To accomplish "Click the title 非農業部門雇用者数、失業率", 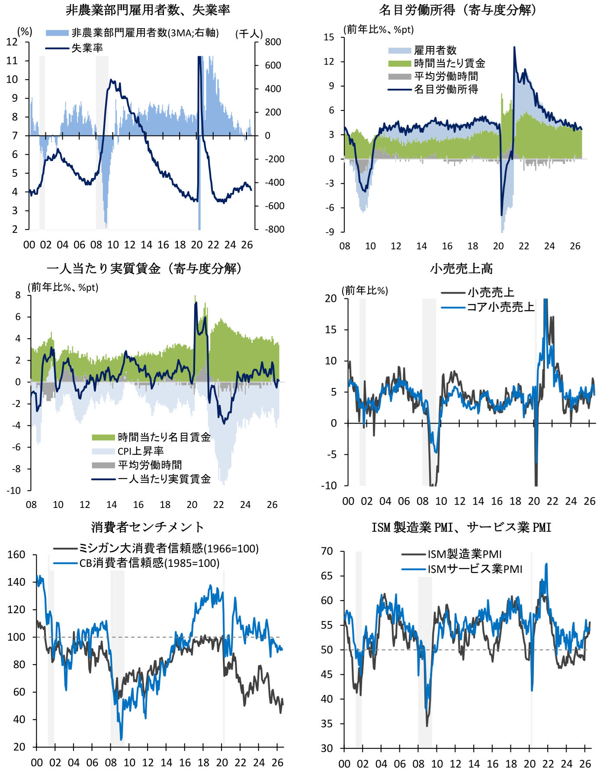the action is point(148,10).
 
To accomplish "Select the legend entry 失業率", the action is point(87,48).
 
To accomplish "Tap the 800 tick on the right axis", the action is point(273,42).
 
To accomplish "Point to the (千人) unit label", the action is point(249,33).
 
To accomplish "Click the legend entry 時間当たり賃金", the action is point(449,63).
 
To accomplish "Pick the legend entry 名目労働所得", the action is point(446,89).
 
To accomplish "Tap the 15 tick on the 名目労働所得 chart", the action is point(329,37).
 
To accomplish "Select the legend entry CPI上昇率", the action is point(141,451).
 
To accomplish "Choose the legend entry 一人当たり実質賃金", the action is point(164,479).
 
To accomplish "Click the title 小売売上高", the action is point(462,268).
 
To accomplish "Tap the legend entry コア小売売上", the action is point(500,307).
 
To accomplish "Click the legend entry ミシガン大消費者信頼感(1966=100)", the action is point(168,548).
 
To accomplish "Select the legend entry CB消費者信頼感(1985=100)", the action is point(149,563).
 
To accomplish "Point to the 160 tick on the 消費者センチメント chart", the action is point(17,555).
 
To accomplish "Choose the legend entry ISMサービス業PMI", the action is point(475,569).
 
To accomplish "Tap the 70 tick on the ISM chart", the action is point(327,551).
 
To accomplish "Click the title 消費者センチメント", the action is point(148,527).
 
